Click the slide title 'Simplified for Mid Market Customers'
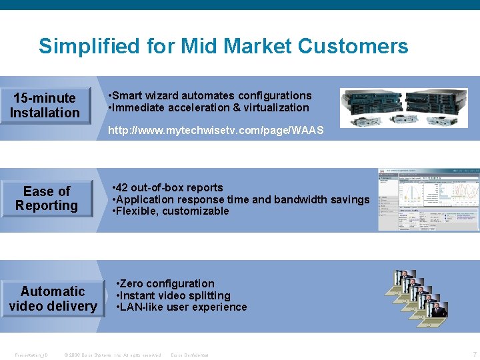[x=223, y=46]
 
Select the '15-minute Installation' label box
[x=45, y=105]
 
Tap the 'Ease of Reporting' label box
[x=47, y=199]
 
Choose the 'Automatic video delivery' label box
[x=53, y=299]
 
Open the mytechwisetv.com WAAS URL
[x=216, y=131]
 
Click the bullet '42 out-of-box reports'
[x=170, y=187]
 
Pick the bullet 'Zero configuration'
[x=167, y=283]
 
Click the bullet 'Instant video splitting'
[x=175, y=295]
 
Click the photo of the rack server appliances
[x=408, y=107]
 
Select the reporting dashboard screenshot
[x=429, y=200]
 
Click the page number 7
[x=474, y=354]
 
